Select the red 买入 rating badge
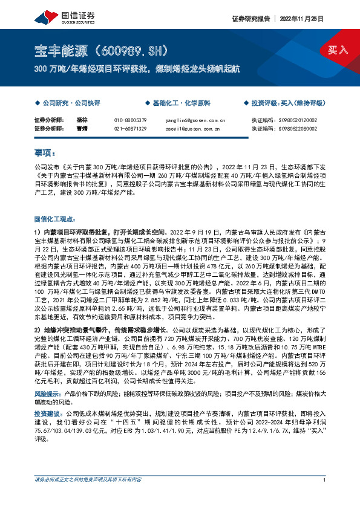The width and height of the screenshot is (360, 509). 337,50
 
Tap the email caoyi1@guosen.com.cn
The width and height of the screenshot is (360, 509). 192,128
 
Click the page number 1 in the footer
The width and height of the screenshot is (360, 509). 326,497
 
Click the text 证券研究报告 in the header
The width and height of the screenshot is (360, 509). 250,19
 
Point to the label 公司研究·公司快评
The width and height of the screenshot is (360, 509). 71,103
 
